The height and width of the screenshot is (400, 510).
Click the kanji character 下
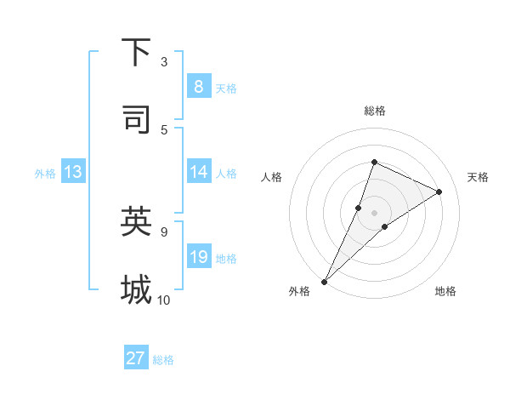point(136,53)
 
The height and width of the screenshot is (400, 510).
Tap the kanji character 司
point(136,119)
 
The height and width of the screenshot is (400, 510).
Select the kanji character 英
point(136,221)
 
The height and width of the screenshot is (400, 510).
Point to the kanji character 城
point(136,289)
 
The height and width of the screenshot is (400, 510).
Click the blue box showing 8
point(198,86)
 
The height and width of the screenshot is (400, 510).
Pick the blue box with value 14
point(198,172)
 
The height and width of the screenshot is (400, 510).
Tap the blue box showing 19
point(198,257)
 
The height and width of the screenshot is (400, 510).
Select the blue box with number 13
point(73,172)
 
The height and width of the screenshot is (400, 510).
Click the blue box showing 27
point(136,358)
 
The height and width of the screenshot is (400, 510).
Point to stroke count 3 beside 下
point(164,61)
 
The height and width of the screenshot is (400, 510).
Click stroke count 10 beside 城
point(164,300)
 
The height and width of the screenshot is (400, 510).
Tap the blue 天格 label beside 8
point(226,88)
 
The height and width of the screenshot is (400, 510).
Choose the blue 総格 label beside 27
point(164,360)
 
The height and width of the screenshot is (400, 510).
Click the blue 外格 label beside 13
point(45,174)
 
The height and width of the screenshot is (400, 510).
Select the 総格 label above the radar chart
point(374,111)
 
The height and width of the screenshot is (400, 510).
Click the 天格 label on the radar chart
point(479,177)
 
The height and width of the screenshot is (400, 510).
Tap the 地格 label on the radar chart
point(445,291)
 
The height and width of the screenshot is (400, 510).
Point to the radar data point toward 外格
point(324,281)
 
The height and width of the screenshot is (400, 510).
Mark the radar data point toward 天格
point(439,191)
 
